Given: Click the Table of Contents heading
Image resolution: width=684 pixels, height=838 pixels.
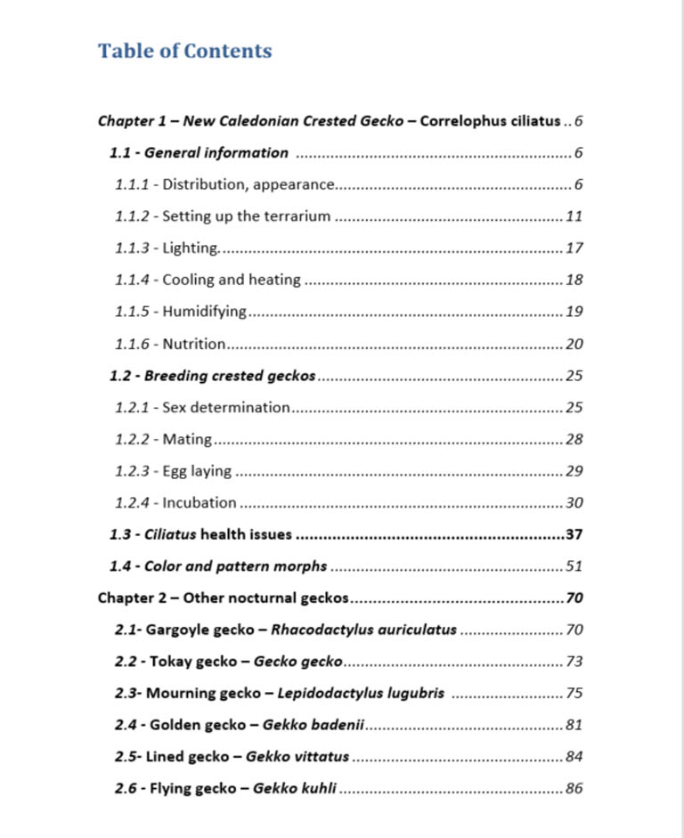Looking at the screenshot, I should click(x=184, y=51).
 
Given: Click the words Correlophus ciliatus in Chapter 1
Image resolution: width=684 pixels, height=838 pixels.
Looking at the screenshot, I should click(x=490, y=121).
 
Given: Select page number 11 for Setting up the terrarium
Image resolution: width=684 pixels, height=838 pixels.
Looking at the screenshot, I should click(x=574, y=216).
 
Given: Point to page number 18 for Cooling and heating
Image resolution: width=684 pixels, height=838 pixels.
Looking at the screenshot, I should click(x=574, y=280).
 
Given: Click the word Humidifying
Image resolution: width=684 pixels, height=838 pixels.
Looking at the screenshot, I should click(x=204, y=312).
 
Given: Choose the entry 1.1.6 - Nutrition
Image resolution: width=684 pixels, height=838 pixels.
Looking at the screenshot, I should click(x=170, y=344).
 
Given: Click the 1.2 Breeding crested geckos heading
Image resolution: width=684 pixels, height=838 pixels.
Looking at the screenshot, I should click(x=213, y=376).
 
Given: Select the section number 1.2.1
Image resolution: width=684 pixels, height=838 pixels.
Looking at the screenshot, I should click(x=133, y=407).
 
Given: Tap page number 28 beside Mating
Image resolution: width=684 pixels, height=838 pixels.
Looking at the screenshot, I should click(x=574, y=439).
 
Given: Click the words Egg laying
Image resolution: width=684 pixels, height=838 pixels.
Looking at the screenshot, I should click(x=197, y=471).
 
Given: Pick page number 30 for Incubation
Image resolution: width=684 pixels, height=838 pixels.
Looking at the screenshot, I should click(x=574, y=502).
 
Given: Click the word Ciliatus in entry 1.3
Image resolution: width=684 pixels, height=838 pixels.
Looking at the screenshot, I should click(x=170, y=534).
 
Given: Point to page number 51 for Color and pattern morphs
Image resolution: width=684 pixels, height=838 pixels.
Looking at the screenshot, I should click(x=574, y=566).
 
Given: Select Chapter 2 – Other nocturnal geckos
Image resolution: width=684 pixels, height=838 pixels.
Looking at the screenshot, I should click(x=223, y=598).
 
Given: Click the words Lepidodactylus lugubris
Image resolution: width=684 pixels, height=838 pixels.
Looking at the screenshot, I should click(x=361, y=693).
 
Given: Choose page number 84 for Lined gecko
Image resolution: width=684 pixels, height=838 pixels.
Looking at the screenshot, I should click(x=574, y=757).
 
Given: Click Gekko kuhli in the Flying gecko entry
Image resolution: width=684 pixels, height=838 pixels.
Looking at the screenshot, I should click(x=295, y=788).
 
